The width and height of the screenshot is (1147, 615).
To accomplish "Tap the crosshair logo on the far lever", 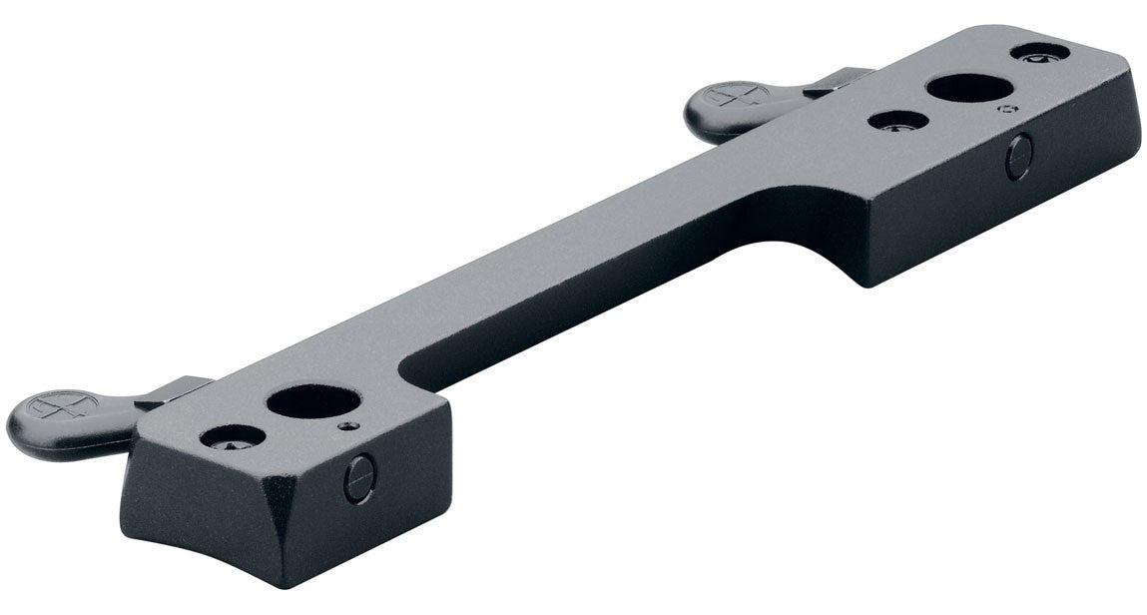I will [735, 97].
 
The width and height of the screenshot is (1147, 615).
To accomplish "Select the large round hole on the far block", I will [966, 88].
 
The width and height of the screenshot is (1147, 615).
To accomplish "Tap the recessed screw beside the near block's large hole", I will [233, 436].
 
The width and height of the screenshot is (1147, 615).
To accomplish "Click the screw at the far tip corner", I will [1039, 51].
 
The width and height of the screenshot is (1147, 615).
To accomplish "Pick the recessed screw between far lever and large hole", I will [898, 121].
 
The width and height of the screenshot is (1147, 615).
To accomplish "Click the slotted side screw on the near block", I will [359, 479].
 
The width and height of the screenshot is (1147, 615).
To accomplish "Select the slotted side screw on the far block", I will [1018, 157].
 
